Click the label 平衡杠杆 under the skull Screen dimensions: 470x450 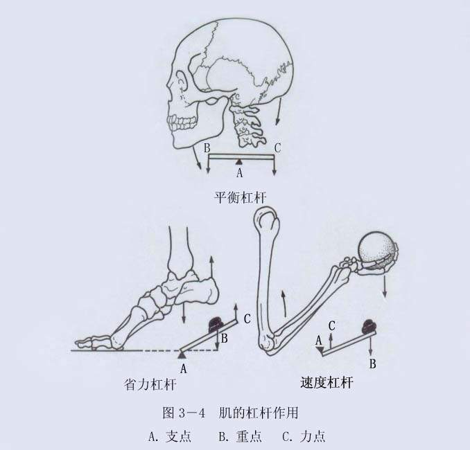pyautogui.click(x=241, y=197)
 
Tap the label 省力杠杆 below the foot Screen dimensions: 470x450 pyautogui.click(x=150, y=384)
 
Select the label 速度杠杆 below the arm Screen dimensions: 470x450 pyautogui.click(x=327, y=382)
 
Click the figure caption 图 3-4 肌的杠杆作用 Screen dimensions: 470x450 pyautogui.click(x=230, y=413)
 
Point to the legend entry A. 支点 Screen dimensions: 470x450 pyautogui.click(x=170, y=437)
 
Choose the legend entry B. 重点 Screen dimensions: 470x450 pyautogui.click(x=240, y=437)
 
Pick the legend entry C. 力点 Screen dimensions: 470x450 pyautogui.click(x=304, y=437)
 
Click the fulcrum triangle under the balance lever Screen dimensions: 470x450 pyautogui.click(x=238, y=162)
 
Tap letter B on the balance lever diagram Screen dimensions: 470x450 pyautogui.click(x=207, y=149)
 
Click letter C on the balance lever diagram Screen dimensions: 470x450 pyautogui.click(x=277, y=148)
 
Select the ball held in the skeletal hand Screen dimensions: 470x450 pyautogui.click(x=377, y=249)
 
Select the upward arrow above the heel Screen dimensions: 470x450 pyautogui.click(x=212, y=267)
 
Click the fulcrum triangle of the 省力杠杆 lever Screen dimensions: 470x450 pyautogui.click(x=182, y=355)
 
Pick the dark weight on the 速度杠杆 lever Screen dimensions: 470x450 pyautogui.click(x=369, y=326)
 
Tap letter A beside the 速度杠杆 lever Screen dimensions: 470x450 pyautogui.click(x=319, y=341)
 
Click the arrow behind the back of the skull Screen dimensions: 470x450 pyautogui.click(x=279, y=111)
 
